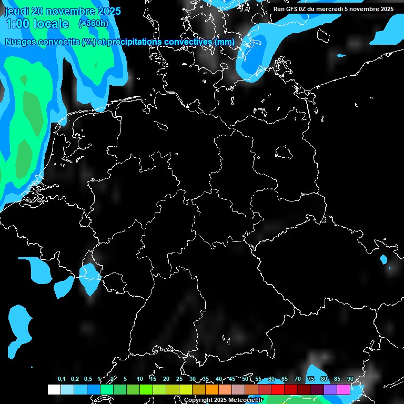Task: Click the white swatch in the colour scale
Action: (54, 389)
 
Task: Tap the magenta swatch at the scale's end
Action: (344, 389)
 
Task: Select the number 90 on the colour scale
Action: (350, 379)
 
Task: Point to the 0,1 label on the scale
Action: (62, 379)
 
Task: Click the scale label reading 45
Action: (232, 379)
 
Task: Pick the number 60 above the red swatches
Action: (271, 379)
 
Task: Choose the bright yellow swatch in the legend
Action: (186, 389)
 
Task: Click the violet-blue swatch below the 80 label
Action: (330, 389)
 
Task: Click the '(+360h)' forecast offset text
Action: (93, 24)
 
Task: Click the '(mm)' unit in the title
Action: (225, 42)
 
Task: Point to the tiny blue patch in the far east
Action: (383, 259)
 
